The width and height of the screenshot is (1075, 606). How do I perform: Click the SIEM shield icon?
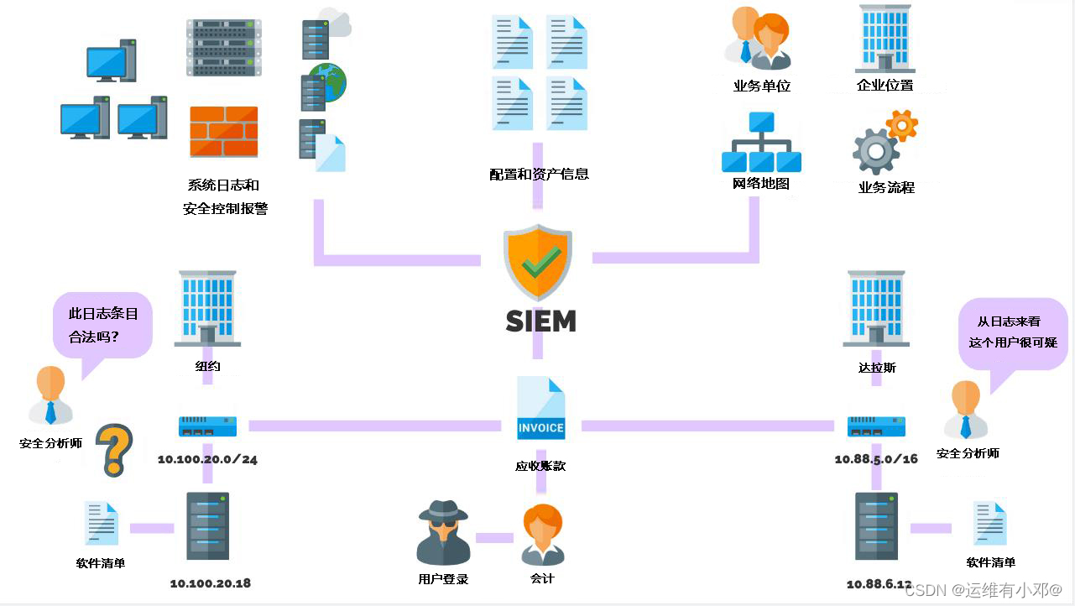pos(537,262)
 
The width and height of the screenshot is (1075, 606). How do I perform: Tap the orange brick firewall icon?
pos(223,132)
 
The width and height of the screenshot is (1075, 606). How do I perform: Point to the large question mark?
pos(114,449)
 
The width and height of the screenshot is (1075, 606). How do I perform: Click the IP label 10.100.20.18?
pos(210,583)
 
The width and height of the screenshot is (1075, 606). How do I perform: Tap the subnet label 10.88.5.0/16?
pos(876,459)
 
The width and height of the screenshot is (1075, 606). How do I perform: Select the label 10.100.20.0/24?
pos(207,459)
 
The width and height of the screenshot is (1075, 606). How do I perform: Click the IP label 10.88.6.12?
pos(879,583)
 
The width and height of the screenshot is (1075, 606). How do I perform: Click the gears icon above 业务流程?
pos(884,143)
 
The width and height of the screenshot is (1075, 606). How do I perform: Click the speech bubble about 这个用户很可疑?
pos(1012,333)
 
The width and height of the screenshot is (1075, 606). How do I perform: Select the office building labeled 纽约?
pos(207,308)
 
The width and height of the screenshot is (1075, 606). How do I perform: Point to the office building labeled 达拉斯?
pos(876,308)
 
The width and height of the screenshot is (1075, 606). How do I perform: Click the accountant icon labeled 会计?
pos(542,535)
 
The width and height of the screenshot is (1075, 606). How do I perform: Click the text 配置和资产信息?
pos(539,175)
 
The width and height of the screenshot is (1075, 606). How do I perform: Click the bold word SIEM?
pos(540,321)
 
